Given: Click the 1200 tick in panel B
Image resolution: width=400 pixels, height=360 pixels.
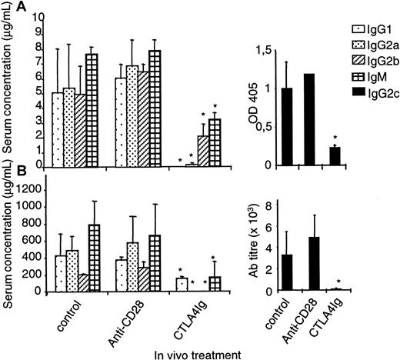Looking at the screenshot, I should point(31,188).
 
